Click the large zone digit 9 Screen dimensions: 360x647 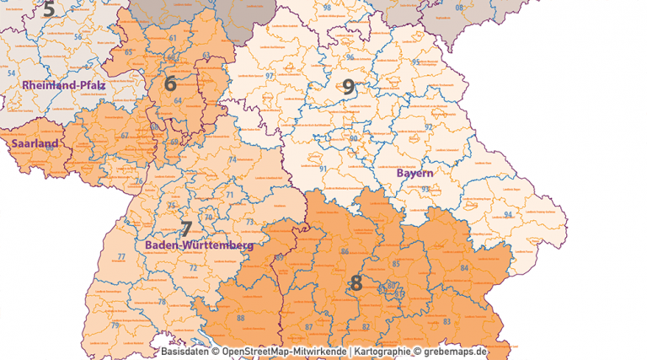[x=349, y=86]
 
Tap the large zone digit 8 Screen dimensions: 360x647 [x=356, y=282]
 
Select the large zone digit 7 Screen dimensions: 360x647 [x=185, y=228]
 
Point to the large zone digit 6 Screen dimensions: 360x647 [x=170, y=83]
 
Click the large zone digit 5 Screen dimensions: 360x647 [x=48, y=9]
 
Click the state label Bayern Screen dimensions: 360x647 [x=414, y=173]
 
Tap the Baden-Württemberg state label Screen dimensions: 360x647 [x=199, y=245]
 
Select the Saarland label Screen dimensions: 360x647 [x=35, y=143]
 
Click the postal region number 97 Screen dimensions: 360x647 [x=270, y=77]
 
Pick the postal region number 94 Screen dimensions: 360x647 [x=507, y=214]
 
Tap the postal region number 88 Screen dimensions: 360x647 [x=241, y=318]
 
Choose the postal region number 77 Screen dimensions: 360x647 [x=121, y=257]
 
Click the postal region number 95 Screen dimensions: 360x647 [x=415, y=62]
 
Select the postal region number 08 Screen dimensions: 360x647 [x=459, y=8]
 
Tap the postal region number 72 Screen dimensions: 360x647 [x=193, y=268]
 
